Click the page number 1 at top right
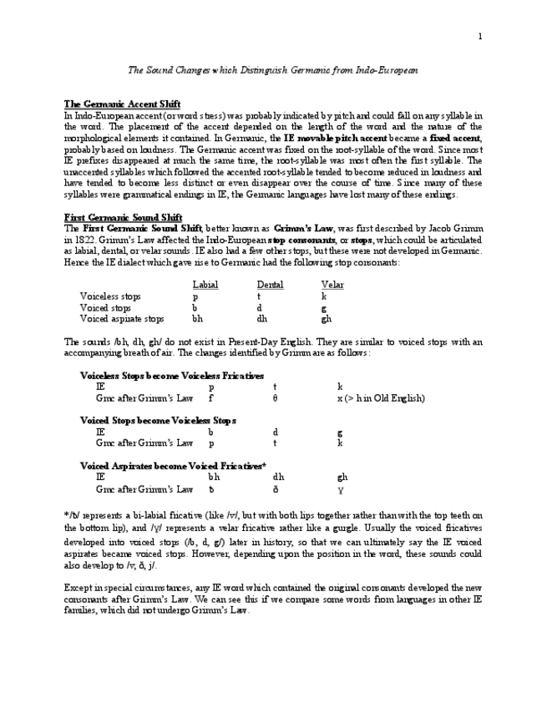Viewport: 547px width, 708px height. [480, 36]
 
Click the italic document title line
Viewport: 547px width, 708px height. [272, 71]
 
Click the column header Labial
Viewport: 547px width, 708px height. [205, 285]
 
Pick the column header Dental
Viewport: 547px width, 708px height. [270, 285]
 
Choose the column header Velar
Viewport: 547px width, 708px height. [332, 285]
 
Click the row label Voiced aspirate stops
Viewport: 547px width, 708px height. [122, 318]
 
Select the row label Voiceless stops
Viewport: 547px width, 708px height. [110, 296]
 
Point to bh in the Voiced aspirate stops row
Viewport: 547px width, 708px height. [197, 318]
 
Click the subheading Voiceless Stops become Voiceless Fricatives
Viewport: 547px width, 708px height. [172, 376]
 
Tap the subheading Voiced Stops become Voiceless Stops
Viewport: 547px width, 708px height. [159, 421]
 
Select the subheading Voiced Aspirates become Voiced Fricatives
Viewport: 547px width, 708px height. [173, 466]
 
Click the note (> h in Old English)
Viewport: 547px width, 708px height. [381, 398]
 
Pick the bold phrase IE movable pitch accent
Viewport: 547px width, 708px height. [336, 137]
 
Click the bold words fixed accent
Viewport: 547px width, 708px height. [455, 137]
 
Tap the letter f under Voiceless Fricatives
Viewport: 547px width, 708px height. [210, 398]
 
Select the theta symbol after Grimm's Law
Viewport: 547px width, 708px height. [275, 398]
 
